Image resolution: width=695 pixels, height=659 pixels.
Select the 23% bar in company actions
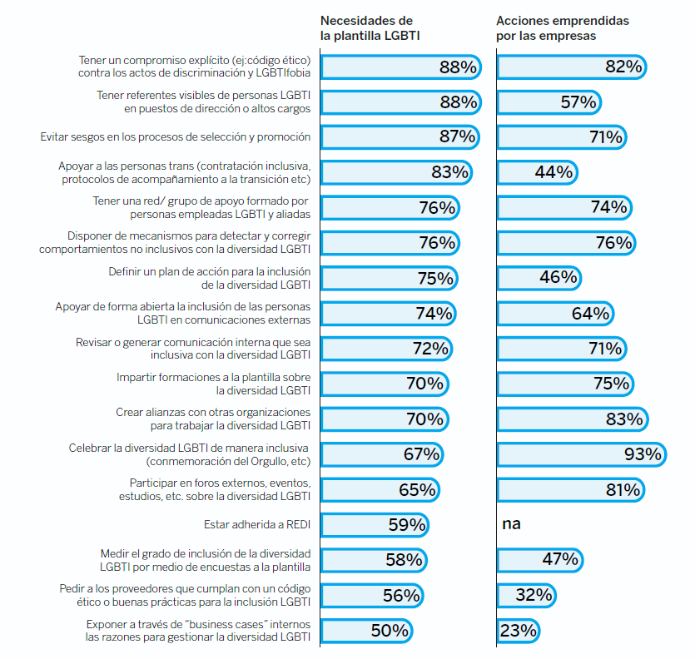[518, 631]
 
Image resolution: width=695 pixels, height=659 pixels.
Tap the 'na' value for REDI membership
[511, 524]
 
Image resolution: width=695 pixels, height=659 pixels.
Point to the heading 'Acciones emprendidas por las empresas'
[563, 27]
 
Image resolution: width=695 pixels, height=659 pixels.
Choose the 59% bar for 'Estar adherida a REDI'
[374, 525]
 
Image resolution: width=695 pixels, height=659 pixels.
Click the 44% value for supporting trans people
[554, 172]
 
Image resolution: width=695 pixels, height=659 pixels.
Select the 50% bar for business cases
[366, 631]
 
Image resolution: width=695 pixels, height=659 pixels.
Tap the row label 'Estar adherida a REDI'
[257, 525]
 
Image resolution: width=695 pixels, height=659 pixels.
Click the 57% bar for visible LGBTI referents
[549, 102]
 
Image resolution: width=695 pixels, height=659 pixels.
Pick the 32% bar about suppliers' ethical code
[526, 595]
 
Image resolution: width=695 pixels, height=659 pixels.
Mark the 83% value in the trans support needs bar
[450, 172]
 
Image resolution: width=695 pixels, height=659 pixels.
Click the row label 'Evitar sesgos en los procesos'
[176, 136]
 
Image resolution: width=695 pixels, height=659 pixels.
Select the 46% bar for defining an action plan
[539, 278]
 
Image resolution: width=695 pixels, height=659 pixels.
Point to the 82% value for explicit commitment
[624, 67]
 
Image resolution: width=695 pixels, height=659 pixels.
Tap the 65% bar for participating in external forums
[380, 490]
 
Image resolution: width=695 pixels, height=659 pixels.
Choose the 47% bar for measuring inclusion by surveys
[540, 559]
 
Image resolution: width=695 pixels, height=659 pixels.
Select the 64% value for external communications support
[591, 314]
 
